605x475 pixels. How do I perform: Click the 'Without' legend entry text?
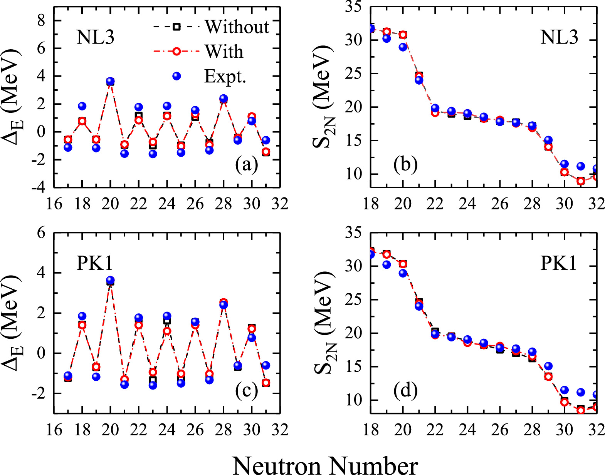point(237,27)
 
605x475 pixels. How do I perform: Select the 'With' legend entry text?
point(224,51)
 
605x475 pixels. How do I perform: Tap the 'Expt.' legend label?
point(225,76)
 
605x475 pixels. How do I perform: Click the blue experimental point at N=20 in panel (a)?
point(111,81)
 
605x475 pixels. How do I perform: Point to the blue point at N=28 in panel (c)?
point(224,305)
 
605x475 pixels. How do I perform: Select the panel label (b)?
point(405,165)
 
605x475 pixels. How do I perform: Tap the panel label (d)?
point(405,391)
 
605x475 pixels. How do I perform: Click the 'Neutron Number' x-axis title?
point(325,466)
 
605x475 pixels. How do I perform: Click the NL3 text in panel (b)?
point(559,38)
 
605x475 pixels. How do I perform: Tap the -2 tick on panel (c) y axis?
point(38,393)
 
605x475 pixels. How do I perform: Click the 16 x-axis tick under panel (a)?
point(54,204)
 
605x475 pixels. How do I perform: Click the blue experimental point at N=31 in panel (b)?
point(581,166)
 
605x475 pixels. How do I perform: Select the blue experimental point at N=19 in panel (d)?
point(387,264)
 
